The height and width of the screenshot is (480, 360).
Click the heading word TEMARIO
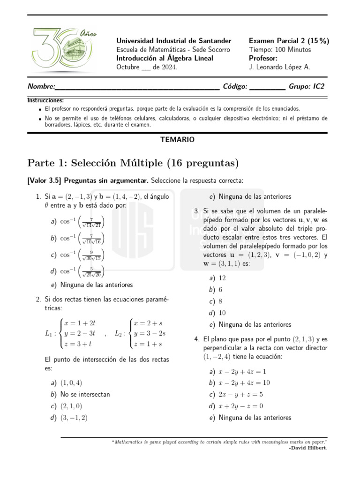point(177,139)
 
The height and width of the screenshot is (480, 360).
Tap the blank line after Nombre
point(137,87)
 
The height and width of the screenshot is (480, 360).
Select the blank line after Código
point(267,87)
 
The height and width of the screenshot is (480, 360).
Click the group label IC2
point(318,86)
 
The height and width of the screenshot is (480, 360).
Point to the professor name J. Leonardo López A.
point(279,67)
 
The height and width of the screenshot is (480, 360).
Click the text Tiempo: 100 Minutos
point(280,50)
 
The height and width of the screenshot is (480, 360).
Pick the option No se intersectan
point(85,394)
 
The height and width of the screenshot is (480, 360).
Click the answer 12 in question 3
point(222,278)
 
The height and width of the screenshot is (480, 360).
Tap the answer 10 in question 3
point(222,313)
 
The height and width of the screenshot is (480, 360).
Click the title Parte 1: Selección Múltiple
point(133,163)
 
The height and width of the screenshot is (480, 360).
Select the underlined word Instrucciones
point(45,100)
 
